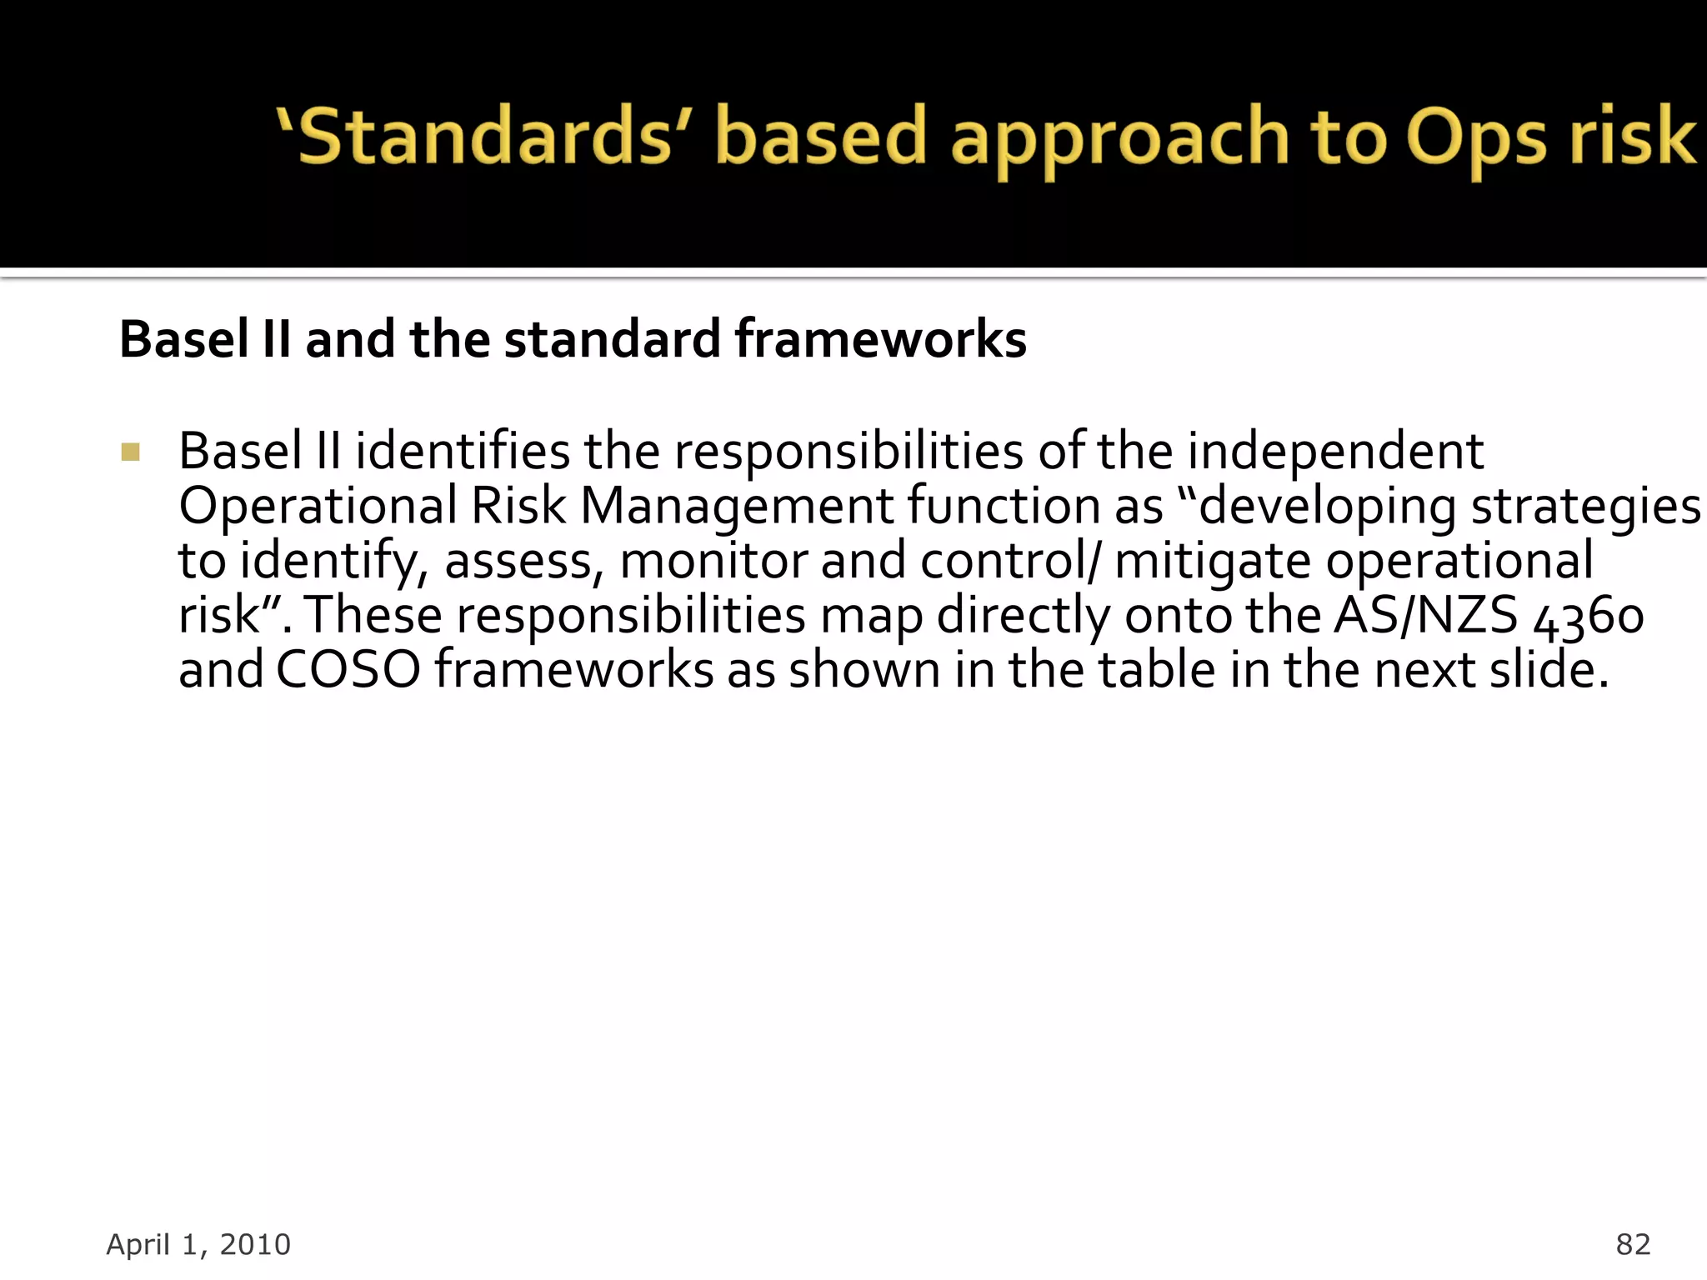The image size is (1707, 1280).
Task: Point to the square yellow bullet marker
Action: coord(131,452)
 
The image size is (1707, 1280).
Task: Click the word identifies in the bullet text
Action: coord(463,451)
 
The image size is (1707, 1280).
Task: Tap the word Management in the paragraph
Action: coord(737,506)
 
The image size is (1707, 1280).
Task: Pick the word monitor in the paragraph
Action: coord(713,560)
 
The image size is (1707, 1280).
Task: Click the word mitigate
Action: coord(1213,560)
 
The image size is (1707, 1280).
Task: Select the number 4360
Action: coord(1589,617)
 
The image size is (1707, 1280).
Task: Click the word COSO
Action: coord(348,670)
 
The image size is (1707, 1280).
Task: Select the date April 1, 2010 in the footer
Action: coord(198,1244)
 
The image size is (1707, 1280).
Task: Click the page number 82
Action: coord(1633,1244)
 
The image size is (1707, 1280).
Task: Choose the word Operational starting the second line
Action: coord(318,506)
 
